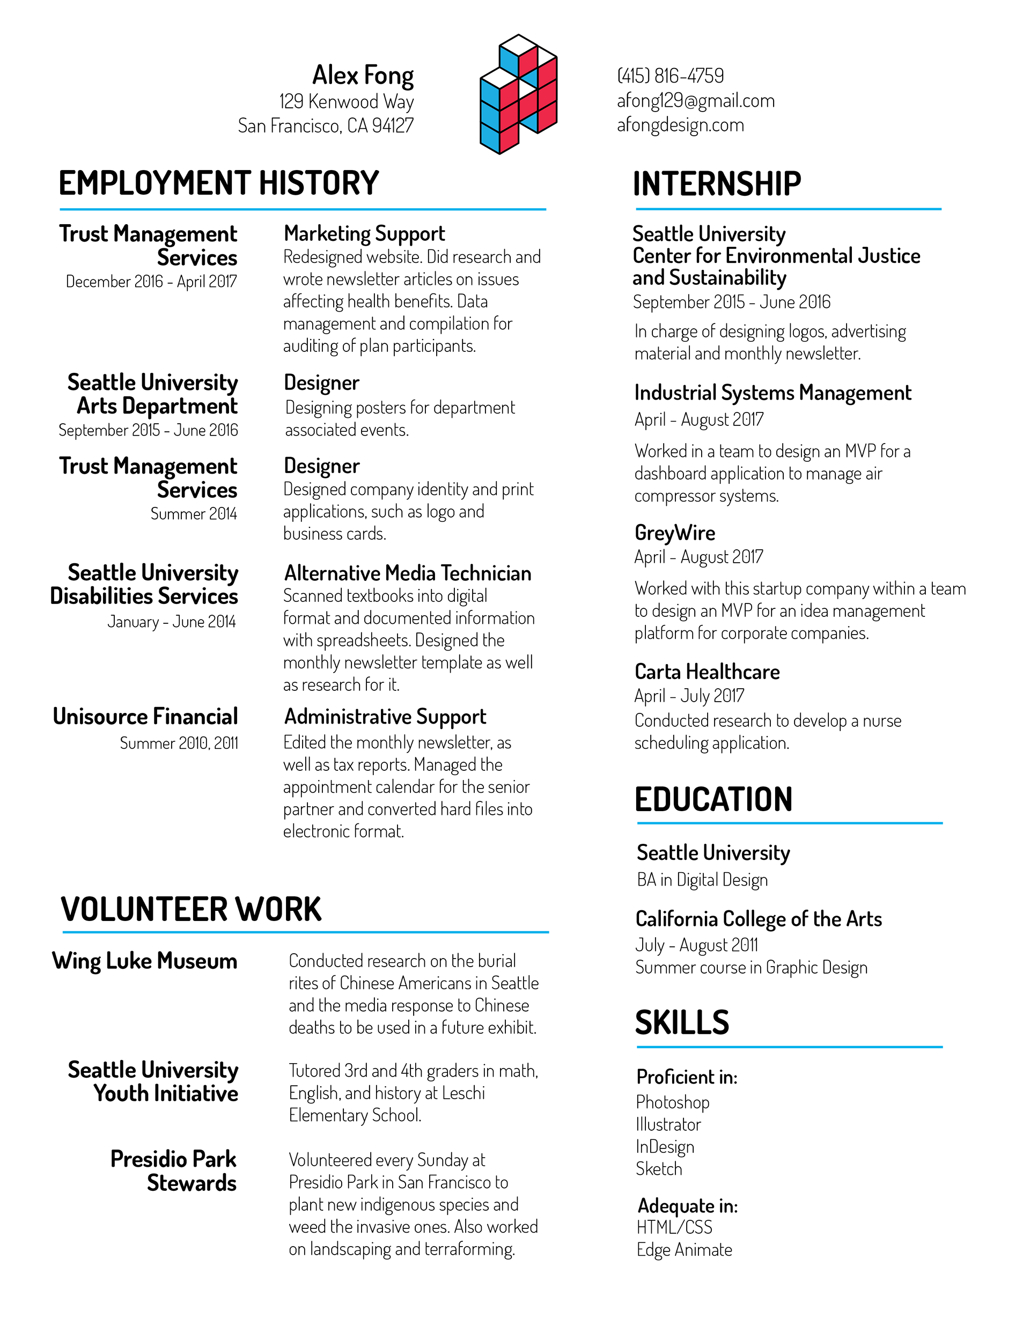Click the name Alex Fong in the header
point(363,76)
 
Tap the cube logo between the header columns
point(518,94)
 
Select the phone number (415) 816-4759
point(671,76)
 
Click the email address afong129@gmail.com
point(695,101)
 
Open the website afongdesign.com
point(680,125)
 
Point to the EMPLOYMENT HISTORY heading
point(218,183)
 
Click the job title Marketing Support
point(364,234)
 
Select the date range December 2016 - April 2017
point(151,282)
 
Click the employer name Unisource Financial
point(145,717)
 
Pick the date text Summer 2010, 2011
point(178,743)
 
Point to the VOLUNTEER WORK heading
point(190,909)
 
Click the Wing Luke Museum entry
point(145,961)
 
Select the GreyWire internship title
point(675,533)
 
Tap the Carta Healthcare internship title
point(707,672)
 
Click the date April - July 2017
point(689,696)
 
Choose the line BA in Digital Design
point(702,880)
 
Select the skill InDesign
point(665,1147)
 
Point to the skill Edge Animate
point(684,1250)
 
